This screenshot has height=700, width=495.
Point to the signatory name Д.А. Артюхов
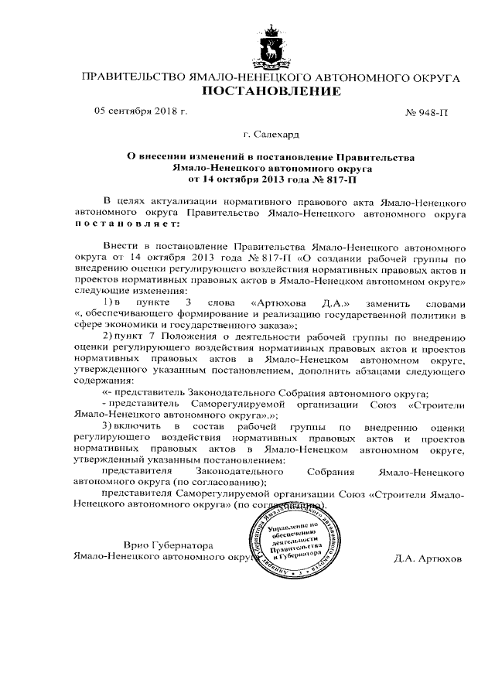(426, 557)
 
